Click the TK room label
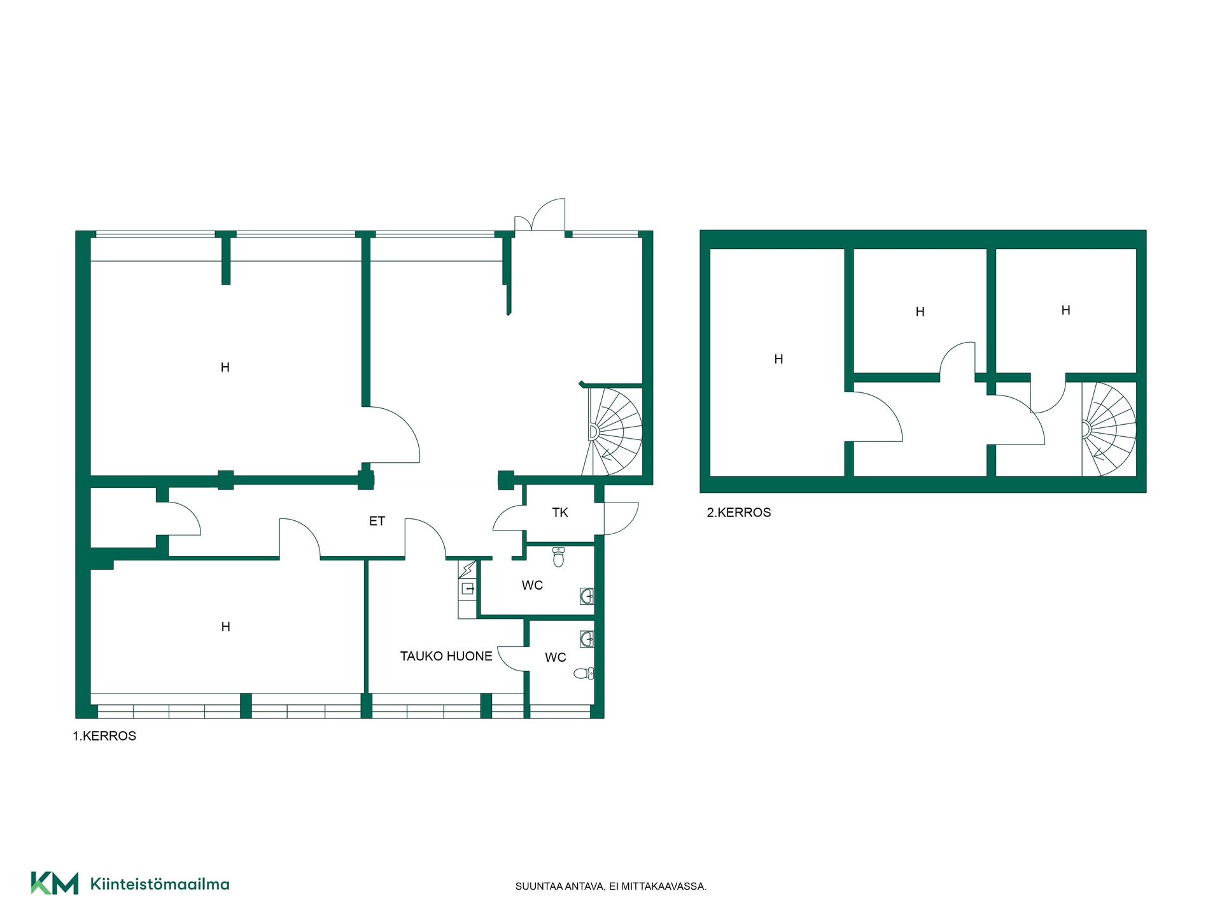pyautogui.click(x=560, y=513)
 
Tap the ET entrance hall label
pyautogui.click(x=377, y=521)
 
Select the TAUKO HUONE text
pyautogui.click(x=446, y=656)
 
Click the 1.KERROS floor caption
pyautogui.click(x=104, y=736)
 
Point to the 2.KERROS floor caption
pyautogui.click(x=739, y=513)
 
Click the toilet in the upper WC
pyautogui.click(x=559, y=557)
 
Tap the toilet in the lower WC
pyautogui.click(x=584, y=673)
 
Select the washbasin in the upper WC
pyautogui.click(x=587, y=596)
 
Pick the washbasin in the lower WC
pyautogui.click(x=587, y=639)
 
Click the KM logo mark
pyautogui.click(x=55, y=883)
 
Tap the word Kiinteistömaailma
pyautogui.click(x=160, y=884)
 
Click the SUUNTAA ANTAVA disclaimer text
pyautogui.click(x=611, y=886)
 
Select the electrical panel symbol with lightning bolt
pyautogui.click(x=467, y=569)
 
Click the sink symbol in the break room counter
pyautogui.click(x=468, y=589)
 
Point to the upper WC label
pyautogui.click(x=532, y=585)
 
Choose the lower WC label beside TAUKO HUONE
pyautogui.click(x=555, y=657)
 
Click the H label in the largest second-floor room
pyautogui.click(x=778, y=359)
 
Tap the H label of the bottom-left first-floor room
pyautogui.click(x=225, y=627)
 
